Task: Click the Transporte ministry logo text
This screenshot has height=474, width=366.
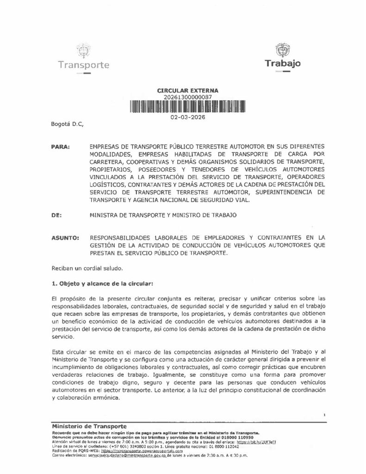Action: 84,65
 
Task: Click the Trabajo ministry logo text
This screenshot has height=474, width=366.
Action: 283,62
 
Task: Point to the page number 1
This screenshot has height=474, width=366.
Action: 325,415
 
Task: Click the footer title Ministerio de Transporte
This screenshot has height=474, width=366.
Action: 88,425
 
